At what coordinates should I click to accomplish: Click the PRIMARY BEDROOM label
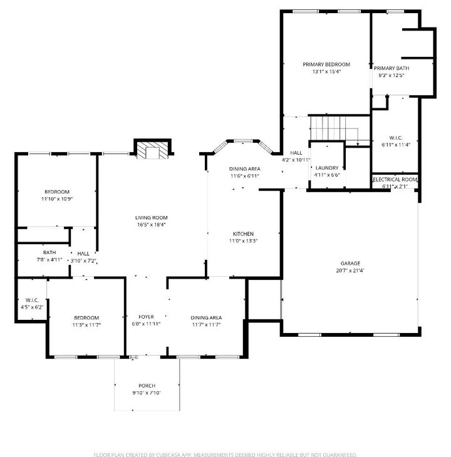coord(326,64)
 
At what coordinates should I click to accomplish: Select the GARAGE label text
coord(350,264)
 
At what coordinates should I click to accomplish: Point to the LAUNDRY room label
coord(327,168)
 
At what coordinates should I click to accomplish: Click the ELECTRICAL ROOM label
coord(395,180)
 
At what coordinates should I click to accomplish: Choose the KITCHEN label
coord(244,234)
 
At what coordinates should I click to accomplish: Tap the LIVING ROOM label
coord(151,217)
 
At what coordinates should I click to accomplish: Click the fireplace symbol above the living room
coord(152,150)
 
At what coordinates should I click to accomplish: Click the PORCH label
coord(147,385)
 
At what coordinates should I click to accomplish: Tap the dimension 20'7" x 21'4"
coord(350,271)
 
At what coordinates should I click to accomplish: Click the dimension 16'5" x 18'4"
coord(151,225)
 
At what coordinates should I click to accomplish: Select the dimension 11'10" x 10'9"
coord(56,199)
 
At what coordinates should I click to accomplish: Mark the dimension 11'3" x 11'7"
coord(86,325)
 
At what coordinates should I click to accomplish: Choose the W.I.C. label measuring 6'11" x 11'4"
coord(395,138)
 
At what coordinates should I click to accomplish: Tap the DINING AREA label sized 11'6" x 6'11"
coord(244,168)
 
